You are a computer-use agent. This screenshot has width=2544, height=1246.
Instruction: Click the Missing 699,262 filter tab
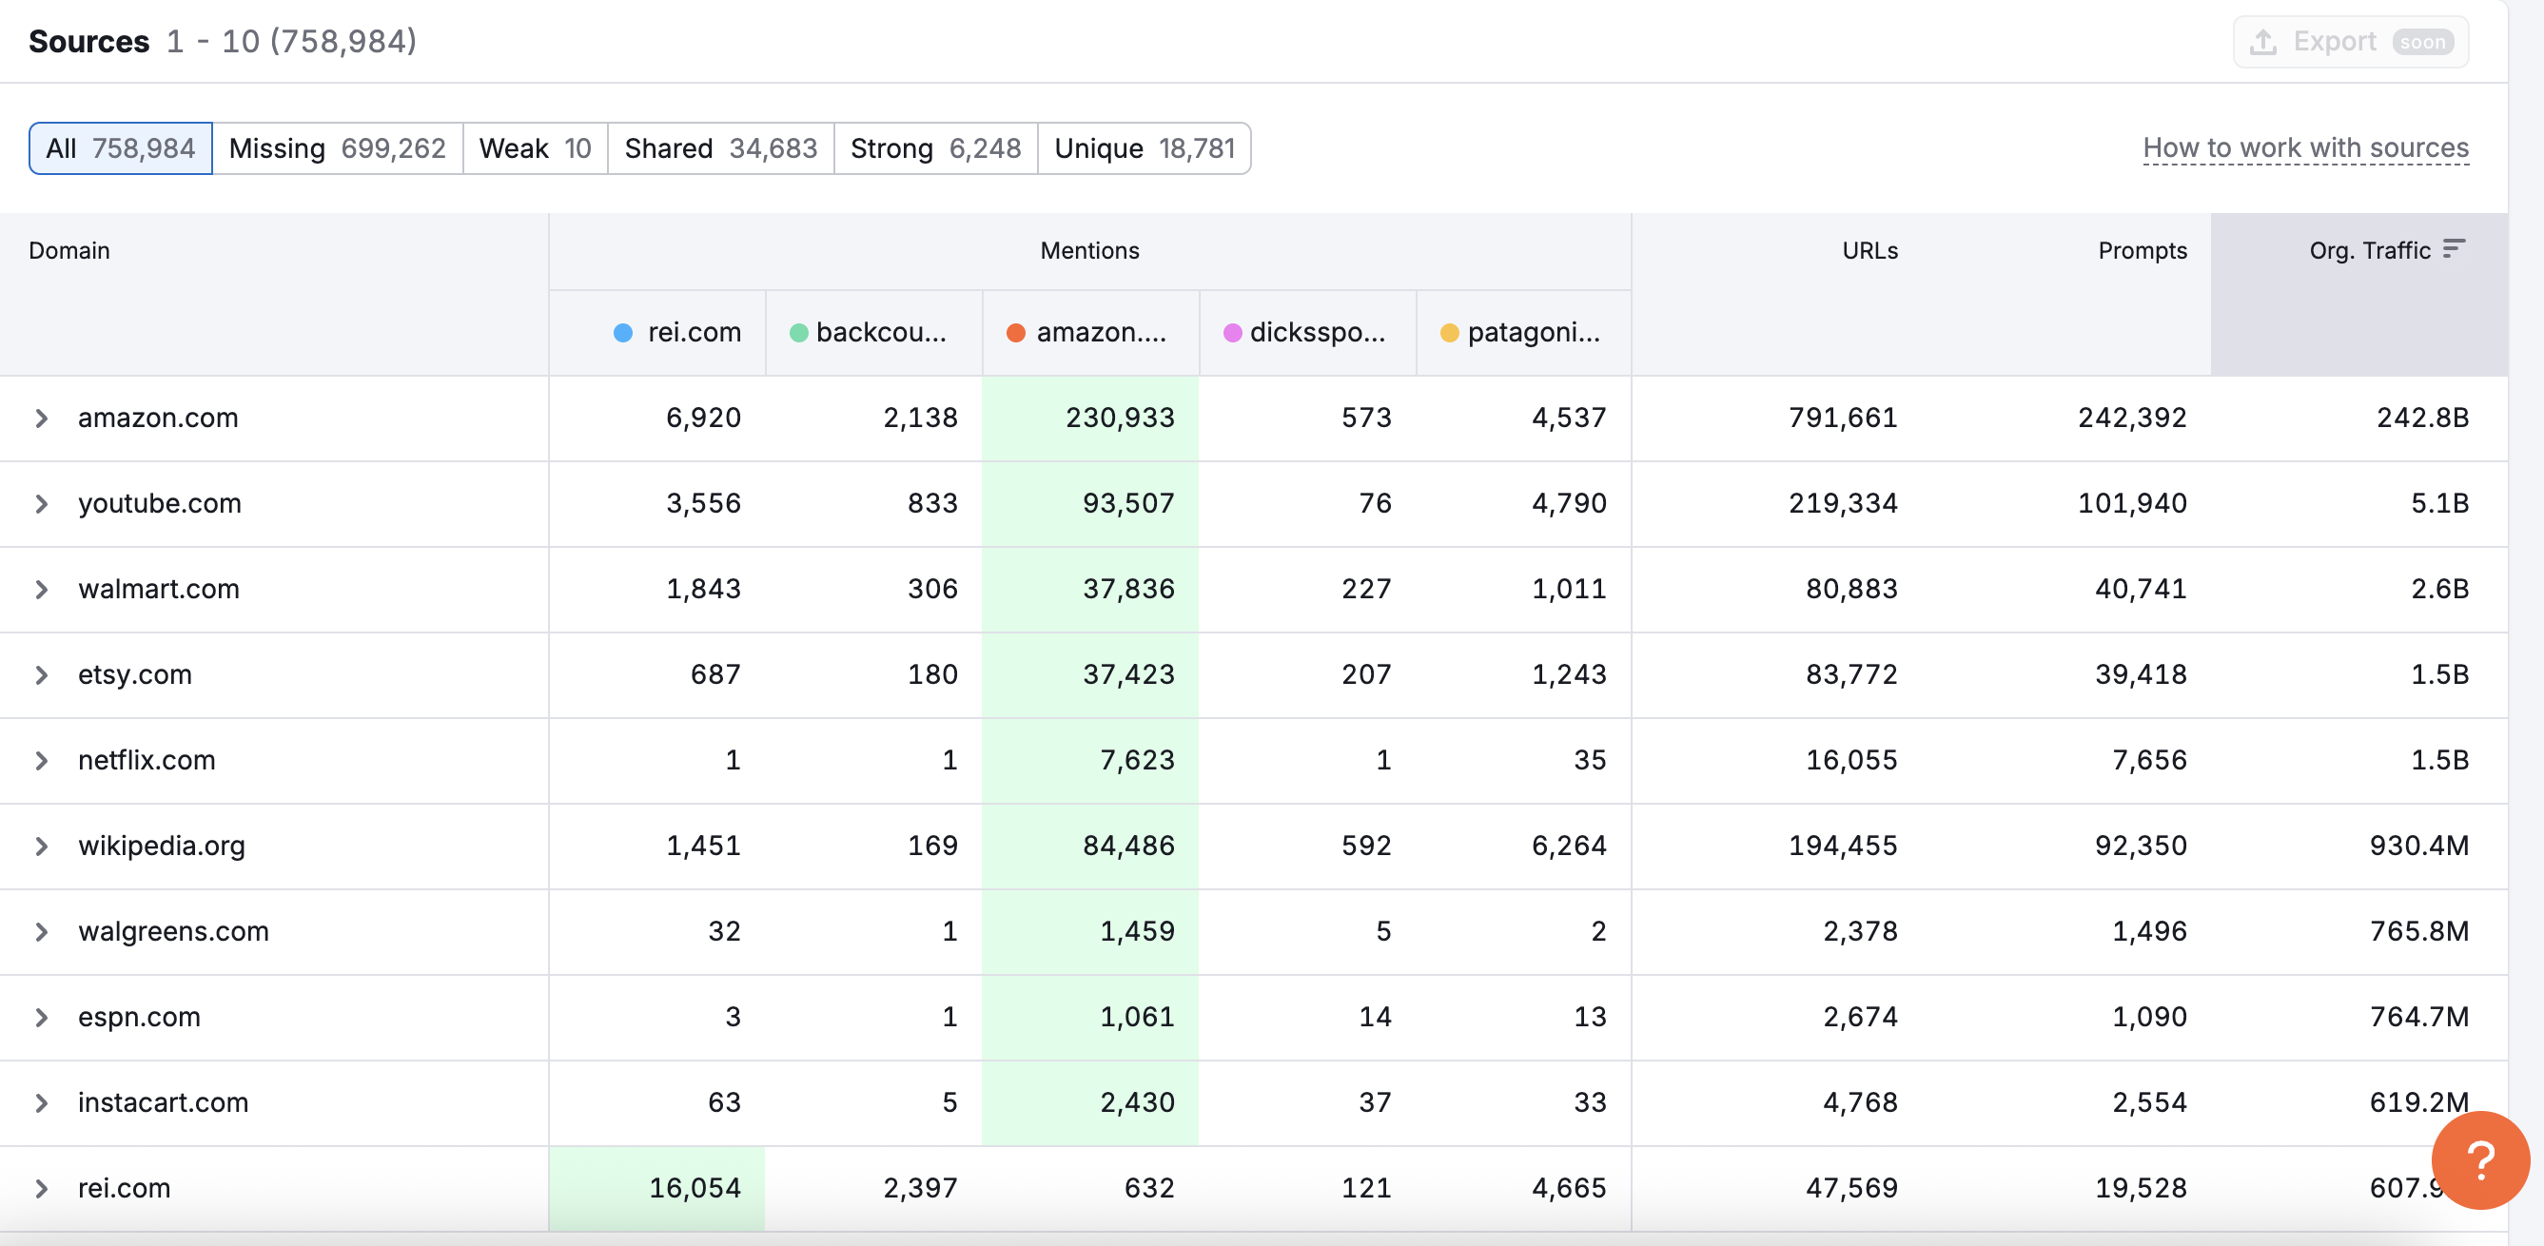point(337,148)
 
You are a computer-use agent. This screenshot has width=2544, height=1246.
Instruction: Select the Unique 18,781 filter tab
point(1144,148)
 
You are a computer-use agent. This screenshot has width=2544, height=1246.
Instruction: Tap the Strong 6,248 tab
point(935,148)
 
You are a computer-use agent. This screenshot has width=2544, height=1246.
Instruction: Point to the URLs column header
point(1869,251)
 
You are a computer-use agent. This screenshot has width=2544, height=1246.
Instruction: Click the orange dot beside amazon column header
point(1015,333)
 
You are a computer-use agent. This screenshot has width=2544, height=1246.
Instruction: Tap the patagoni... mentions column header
point(1532,333)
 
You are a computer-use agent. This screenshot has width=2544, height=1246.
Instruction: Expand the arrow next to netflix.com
point(42,760)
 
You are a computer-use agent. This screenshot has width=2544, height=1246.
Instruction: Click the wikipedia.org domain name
point(161,847)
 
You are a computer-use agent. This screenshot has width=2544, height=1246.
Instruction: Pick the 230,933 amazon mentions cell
point(1119,418)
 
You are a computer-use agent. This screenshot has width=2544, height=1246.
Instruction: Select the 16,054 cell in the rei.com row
point(695,1188)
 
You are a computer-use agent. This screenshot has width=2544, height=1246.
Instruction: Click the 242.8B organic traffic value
point(2421,418)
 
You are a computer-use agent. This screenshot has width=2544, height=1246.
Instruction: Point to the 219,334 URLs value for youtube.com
point(1842,503)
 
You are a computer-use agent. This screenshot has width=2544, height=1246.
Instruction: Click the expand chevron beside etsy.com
point(42,675)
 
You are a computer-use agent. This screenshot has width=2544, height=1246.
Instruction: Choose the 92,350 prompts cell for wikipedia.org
point(2140,847)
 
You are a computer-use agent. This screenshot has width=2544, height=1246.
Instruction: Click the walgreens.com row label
point(173,931)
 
